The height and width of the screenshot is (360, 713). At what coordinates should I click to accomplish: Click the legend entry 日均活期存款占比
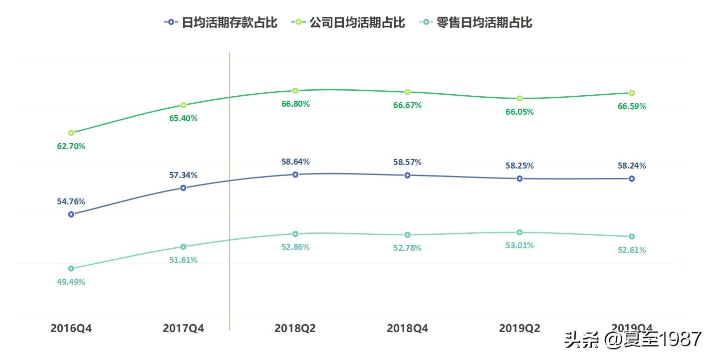(x=221, y=22)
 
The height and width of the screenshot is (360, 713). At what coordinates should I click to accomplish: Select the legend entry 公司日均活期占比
(x=348, y=22)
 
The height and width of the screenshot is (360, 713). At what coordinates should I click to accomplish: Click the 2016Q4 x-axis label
(x=71, y=329)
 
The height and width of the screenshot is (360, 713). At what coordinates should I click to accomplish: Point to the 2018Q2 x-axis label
(x=295, y=329)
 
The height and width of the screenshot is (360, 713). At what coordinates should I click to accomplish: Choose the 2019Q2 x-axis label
(x=519, y=329)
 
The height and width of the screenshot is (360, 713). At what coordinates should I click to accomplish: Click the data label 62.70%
(x=71, y=146)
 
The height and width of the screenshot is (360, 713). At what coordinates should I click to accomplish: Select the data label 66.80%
(x=295, y=104)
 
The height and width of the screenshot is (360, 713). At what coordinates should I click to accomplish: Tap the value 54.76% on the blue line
(x=71, y=201)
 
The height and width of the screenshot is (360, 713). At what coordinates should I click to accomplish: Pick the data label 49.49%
(x=71, y=282)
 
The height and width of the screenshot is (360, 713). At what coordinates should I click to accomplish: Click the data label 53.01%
(x=519, y=245)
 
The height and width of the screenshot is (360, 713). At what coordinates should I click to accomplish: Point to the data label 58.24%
(x=632, y=166)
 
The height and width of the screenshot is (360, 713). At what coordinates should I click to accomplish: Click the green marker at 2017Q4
(x=183, y=105)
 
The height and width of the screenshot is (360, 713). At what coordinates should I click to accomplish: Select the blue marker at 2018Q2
(x=295, y=175)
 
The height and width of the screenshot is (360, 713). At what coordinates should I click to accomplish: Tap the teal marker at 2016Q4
(x=71, y=268)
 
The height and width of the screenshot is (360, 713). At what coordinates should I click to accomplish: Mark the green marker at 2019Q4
(x=632, y=93)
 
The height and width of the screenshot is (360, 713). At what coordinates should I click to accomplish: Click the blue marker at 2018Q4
(x=408, y=175)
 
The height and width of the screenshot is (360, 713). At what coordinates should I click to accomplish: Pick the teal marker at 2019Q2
(x=519, y=232)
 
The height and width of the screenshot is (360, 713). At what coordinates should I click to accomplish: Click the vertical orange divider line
(x=229, y=199)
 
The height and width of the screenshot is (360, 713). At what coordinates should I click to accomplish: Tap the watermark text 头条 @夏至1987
(x=633, y=340)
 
